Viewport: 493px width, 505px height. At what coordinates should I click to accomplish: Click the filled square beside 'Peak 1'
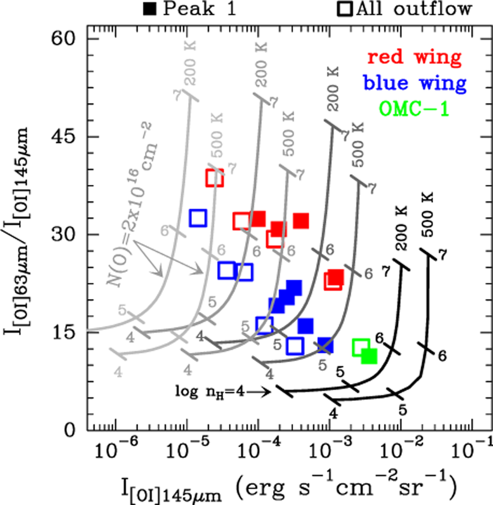(150, 9)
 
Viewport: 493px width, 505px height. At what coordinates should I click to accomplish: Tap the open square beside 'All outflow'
(345, 9)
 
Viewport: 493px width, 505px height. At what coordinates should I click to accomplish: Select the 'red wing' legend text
(414, 58)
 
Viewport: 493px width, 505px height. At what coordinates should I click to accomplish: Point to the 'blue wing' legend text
(415, 83)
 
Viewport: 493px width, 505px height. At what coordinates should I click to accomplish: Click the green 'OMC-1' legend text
(414, 109)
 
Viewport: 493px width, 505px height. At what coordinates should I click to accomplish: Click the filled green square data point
(369, 356)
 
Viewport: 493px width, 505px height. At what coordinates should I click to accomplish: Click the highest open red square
(214, 178)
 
